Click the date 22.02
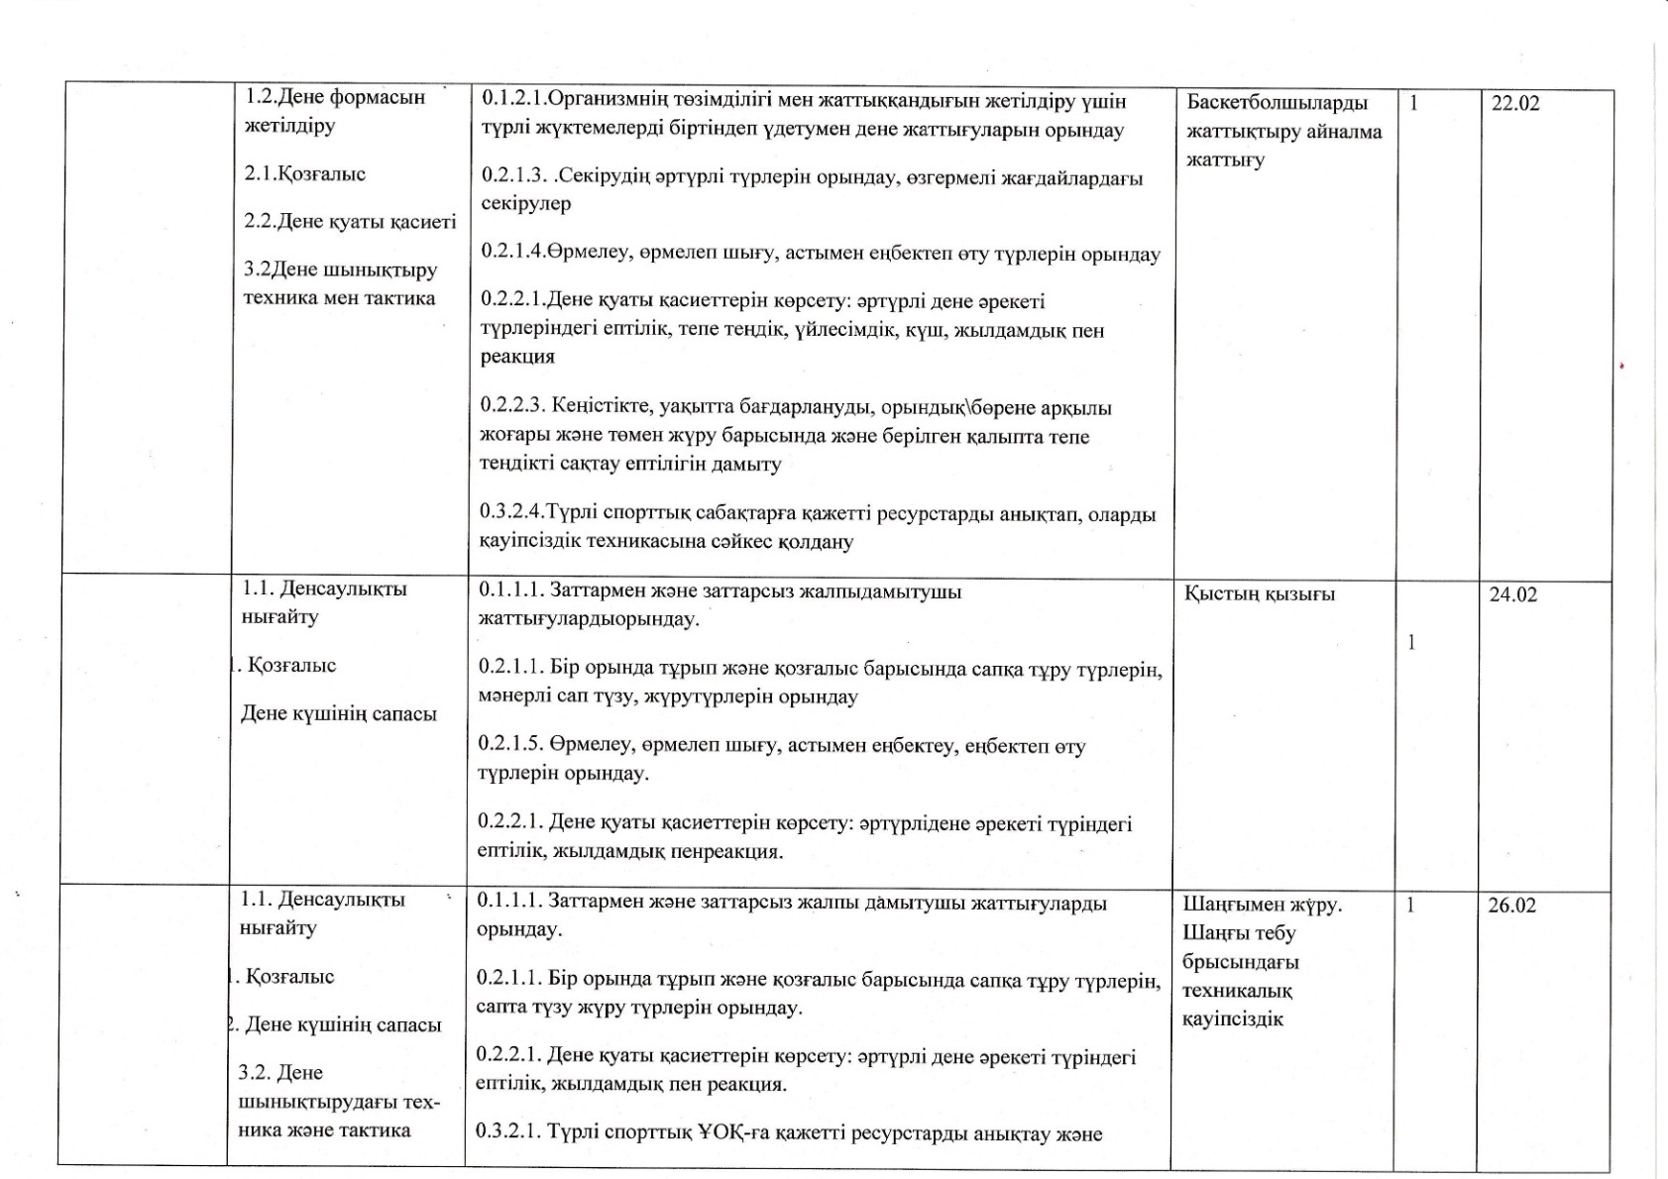(x=1515, y=103)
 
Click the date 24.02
(x=1513, y=594)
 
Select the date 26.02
(x=1512, y=906)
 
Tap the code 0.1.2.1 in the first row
(x=513, y=101)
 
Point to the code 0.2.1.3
(x=513, y=177)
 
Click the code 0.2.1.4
(x=512, y=254)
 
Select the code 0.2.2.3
(x=512, y=407)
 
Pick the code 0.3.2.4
(x=511, y=514)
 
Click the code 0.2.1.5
(x=509, y=745)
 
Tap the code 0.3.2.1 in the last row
(x=507, y=1134)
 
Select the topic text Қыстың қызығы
(x=1260, y=594)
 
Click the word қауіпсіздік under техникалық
(x=1232, y=1019)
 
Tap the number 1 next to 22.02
(x=1413, y=103)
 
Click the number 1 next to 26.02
(x=1411, y=906)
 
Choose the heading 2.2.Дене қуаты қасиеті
(x=350, y=222)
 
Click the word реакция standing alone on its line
(x=517, y=357)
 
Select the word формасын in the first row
(x=376, y=97)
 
